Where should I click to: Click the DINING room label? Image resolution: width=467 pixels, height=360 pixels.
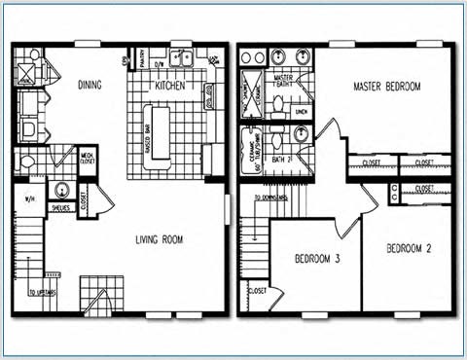(89, 86)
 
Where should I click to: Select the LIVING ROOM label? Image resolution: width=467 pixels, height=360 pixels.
(159, 239)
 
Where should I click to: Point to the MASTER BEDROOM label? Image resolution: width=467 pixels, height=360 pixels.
(387, 88)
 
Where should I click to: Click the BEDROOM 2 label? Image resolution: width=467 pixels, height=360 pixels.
(408, 249)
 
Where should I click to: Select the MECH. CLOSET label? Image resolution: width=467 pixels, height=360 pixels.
(87, 158)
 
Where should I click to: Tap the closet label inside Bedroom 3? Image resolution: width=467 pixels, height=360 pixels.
(258, 290)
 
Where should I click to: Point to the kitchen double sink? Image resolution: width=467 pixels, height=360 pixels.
(180, 59)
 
